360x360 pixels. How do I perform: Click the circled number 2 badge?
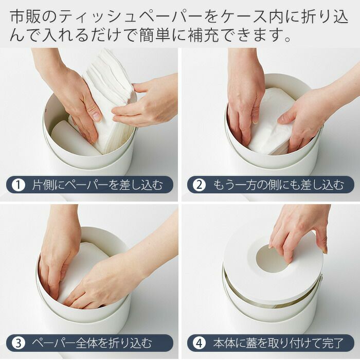[199, 185]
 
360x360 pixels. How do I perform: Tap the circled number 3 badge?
[19, 343]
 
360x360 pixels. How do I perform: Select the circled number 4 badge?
[199, 343]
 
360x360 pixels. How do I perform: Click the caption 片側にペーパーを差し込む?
[97, 185]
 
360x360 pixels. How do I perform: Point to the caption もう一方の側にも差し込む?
[279, 185]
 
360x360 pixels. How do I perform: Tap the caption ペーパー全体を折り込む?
[92, 343]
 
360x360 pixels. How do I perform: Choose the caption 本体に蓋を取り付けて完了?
[278, 343]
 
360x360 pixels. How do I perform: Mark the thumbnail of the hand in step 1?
[97, 116]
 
